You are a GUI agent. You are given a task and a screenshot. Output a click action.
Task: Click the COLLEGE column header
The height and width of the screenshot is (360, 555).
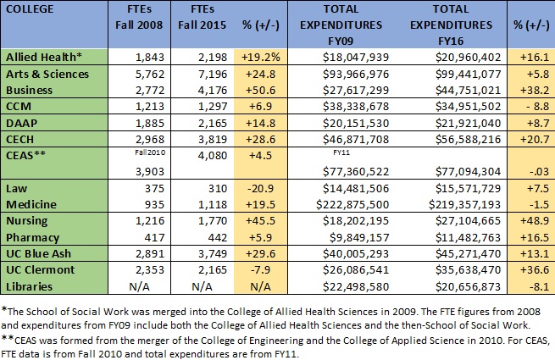pyautogui.click(x=30, y=8)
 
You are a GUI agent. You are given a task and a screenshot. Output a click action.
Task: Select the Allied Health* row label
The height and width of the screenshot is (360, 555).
pyautogui.click(x=44, y=57)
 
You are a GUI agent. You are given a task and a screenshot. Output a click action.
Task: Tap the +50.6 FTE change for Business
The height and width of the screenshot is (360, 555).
pyautogui.click(x=260, y=90)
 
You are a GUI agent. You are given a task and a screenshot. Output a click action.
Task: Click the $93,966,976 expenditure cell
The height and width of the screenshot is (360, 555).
pyautogui.click(x=356, y=74)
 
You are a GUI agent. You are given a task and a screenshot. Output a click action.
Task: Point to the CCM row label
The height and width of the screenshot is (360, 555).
pyautogui.click(x=19, y=106)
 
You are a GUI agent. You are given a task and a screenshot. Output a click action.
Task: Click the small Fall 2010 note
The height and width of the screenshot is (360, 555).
pyautogui.click(x=150, y=152)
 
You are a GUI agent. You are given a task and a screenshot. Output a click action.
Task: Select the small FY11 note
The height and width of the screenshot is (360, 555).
pyautogui.click(x=341, y=152)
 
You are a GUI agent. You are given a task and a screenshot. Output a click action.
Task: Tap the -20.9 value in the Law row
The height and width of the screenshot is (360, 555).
pyautogui.click(x=260, y=188)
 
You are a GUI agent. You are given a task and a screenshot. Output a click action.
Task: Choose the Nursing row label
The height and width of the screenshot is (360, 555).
pyautogui.click(x=27, y=221)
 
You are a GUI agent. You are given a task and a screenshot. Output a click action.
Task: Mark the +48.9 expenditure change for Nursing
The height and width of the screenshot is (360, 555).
pyautogui.click(x=535, y=221)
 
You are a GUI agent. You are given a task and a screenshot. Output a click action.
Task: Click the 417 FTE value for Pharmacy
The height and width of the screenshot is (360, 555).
pyautogui.click(x=155, y=237)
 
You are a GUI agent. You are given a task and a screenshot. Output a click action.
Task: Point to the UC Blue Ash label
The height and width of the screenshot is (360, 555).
pyautogui.click(x=39, y=253)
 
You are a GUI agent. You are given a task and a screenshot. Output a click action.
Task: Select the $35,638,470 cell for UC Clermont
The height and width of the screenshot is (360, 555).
pyautogui.click(x=469, y=269)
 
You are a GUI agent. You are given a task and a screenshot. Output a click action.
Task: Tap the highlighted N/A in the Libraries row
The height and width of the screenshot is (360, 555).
pyautogui.click(x=260, y=286)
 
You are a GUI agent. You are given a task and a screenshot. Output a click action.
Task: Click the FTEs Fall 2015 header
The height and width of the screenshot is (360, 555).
pyautogui.click(x=203, y=17)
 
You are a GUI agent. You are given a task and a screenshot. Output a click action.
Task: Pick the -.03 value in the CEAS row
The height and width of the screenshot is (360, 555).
pyautogui.click(x=540, y=172)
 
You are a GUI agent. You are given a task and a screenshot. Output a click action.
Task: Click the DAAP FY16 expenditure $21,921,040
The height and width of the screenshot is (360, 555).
pyautogui.click(x=469, y=123)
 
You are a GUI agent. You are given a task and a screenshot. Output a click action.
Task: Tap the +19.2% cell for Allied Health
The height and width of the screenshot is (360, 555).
pyautogui.click(x=260, y=57)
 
